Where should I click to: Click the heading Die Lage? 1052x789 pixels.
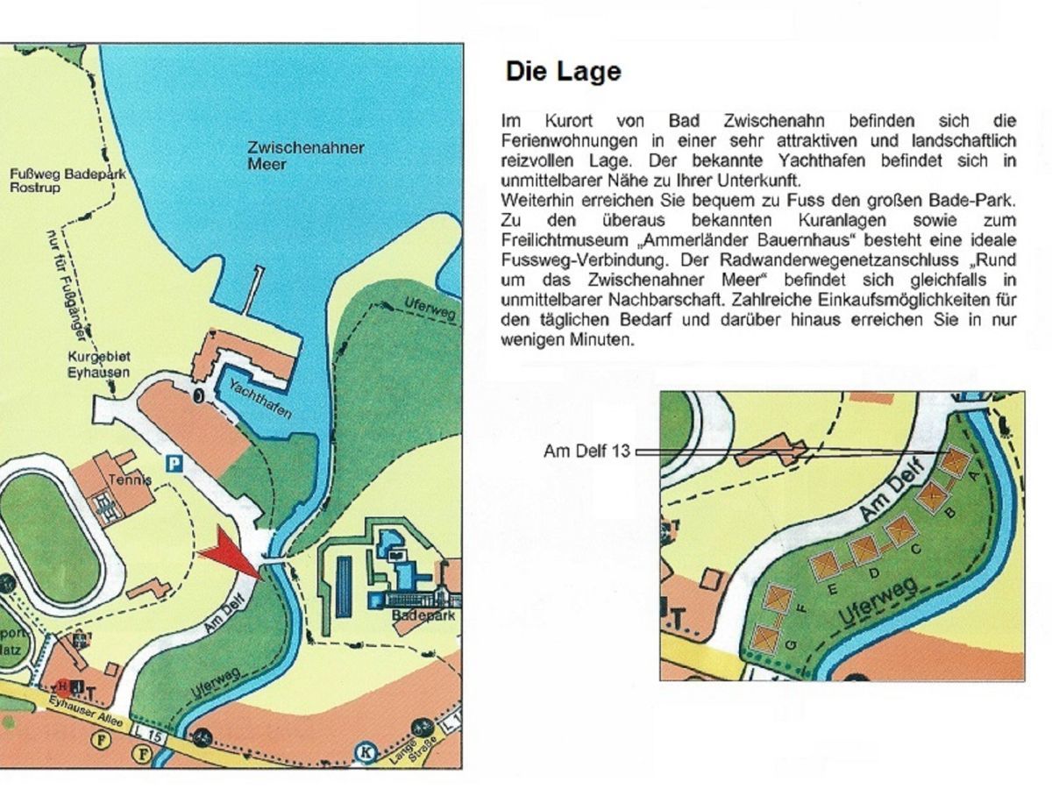(x=563, y=72)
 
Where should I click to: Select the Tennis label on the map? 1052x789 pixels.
(x=131, y=480)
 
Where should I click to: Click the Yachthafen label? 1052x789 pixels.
(x=259, y=400)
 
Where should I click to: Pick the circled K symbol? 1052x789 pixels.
(x=365, y=751)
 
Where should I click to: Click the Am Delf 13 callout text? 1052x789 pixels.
(x=586, y=451)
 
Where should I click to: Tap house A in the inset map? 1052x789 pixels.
(x=955, y=461)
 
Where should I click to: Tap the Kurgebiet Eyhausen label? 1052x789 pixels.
(x=99, y=365)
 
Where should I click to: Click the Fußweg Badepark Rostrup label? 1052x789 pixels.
(x=68, y=181)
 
